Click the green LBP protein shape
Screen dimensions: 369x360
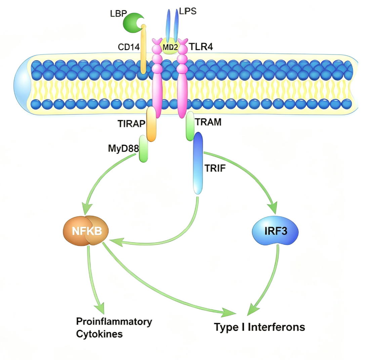click(132, 23)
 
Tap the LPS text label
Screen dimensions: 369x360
click(188, 11)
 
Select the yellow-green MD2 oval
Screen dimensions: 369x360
click(170, 46)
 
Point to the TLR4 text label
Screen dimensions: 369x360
click(201, 47)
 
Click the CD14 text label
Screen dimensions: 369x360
click(129, 47)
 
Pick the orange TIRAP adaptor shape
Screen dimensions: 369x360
click(151, 124)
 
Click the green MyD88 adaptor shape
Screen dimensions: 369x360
click(143, 149)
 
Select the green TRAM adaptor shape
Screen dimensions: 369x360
click(190, 126)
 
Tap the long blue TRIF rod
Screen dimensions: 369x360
click(198, 163)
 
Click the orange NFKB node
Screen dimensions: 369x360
click(86, 231)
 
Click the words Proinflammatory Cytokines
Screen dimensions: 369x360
click(114, 328)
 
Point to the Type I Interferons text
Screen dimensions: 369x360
click(259, 327)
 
